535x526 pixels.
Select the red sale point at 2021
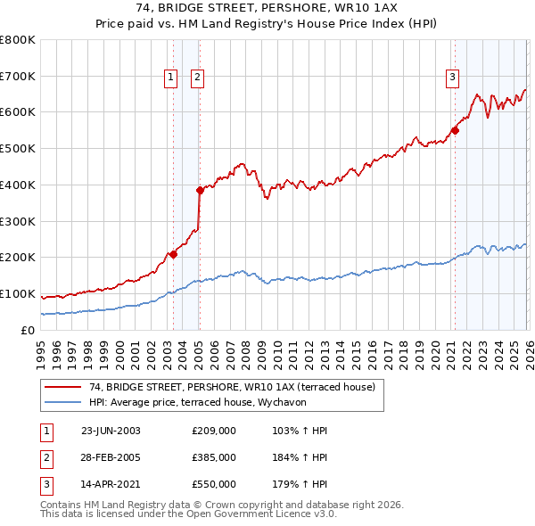click(x=455, y=130)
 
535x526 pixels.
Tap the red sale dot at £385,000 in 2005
click(x=200, y=190)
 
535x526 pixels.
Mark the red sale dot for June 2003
click(x=173, y=254)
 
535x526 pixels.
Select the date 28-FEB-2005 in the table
click(x=111, y=457)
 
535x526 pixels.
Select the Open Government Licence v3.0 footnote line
click(x=189, y=514)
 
